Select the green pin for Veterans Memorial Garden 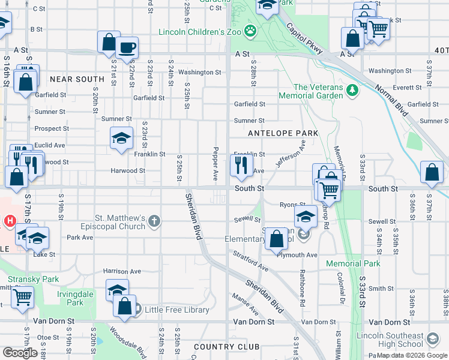point(352,91)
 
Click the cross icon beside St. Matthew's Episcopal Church point(154,221)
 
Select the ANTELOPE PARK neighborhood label point(282,133)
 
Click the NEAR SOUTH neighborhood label point(77,79)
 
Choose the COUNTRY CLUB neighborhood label point(227,347)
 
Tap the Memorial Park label point(353,263)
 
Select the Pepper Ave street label point(215,163)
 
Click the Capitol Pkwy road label point(305,40)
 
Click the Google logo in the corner point(20,353)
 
